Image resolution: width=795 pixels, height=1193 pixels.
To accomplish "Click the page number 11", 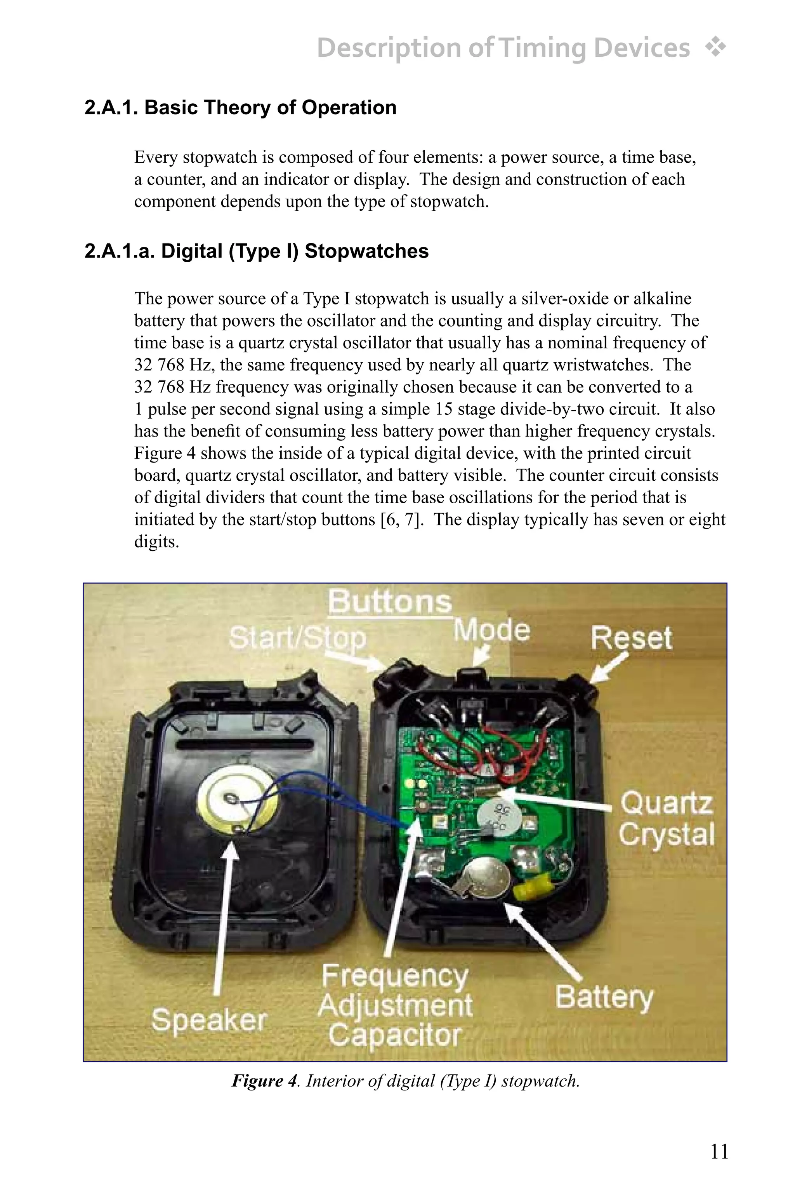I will coord(719,1151).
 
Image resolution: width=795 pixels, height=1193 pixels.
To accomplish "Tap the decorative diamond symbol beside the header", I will coord(715,48).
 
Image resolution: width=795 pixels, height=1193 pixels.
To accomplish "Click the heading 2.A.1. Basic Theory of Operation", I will coord(240,108).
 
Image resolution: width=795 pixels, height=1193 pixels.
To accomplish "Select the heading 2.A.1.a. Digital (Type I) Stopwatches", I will coord(256,251).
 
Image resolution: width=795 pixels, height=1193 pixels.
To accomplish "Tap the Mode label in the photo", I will coord(491,631).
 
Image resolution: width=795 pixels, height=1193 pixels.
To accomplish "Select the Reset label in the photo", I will coord(631,638).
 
